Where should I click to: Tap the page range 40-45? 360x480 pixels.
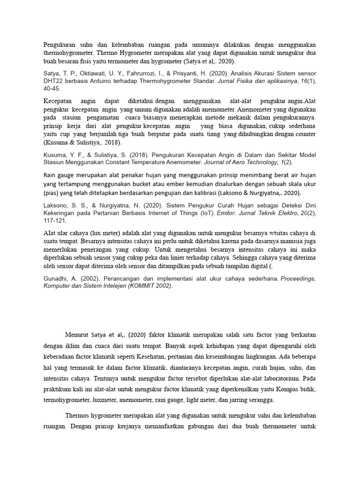[52, 88]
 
